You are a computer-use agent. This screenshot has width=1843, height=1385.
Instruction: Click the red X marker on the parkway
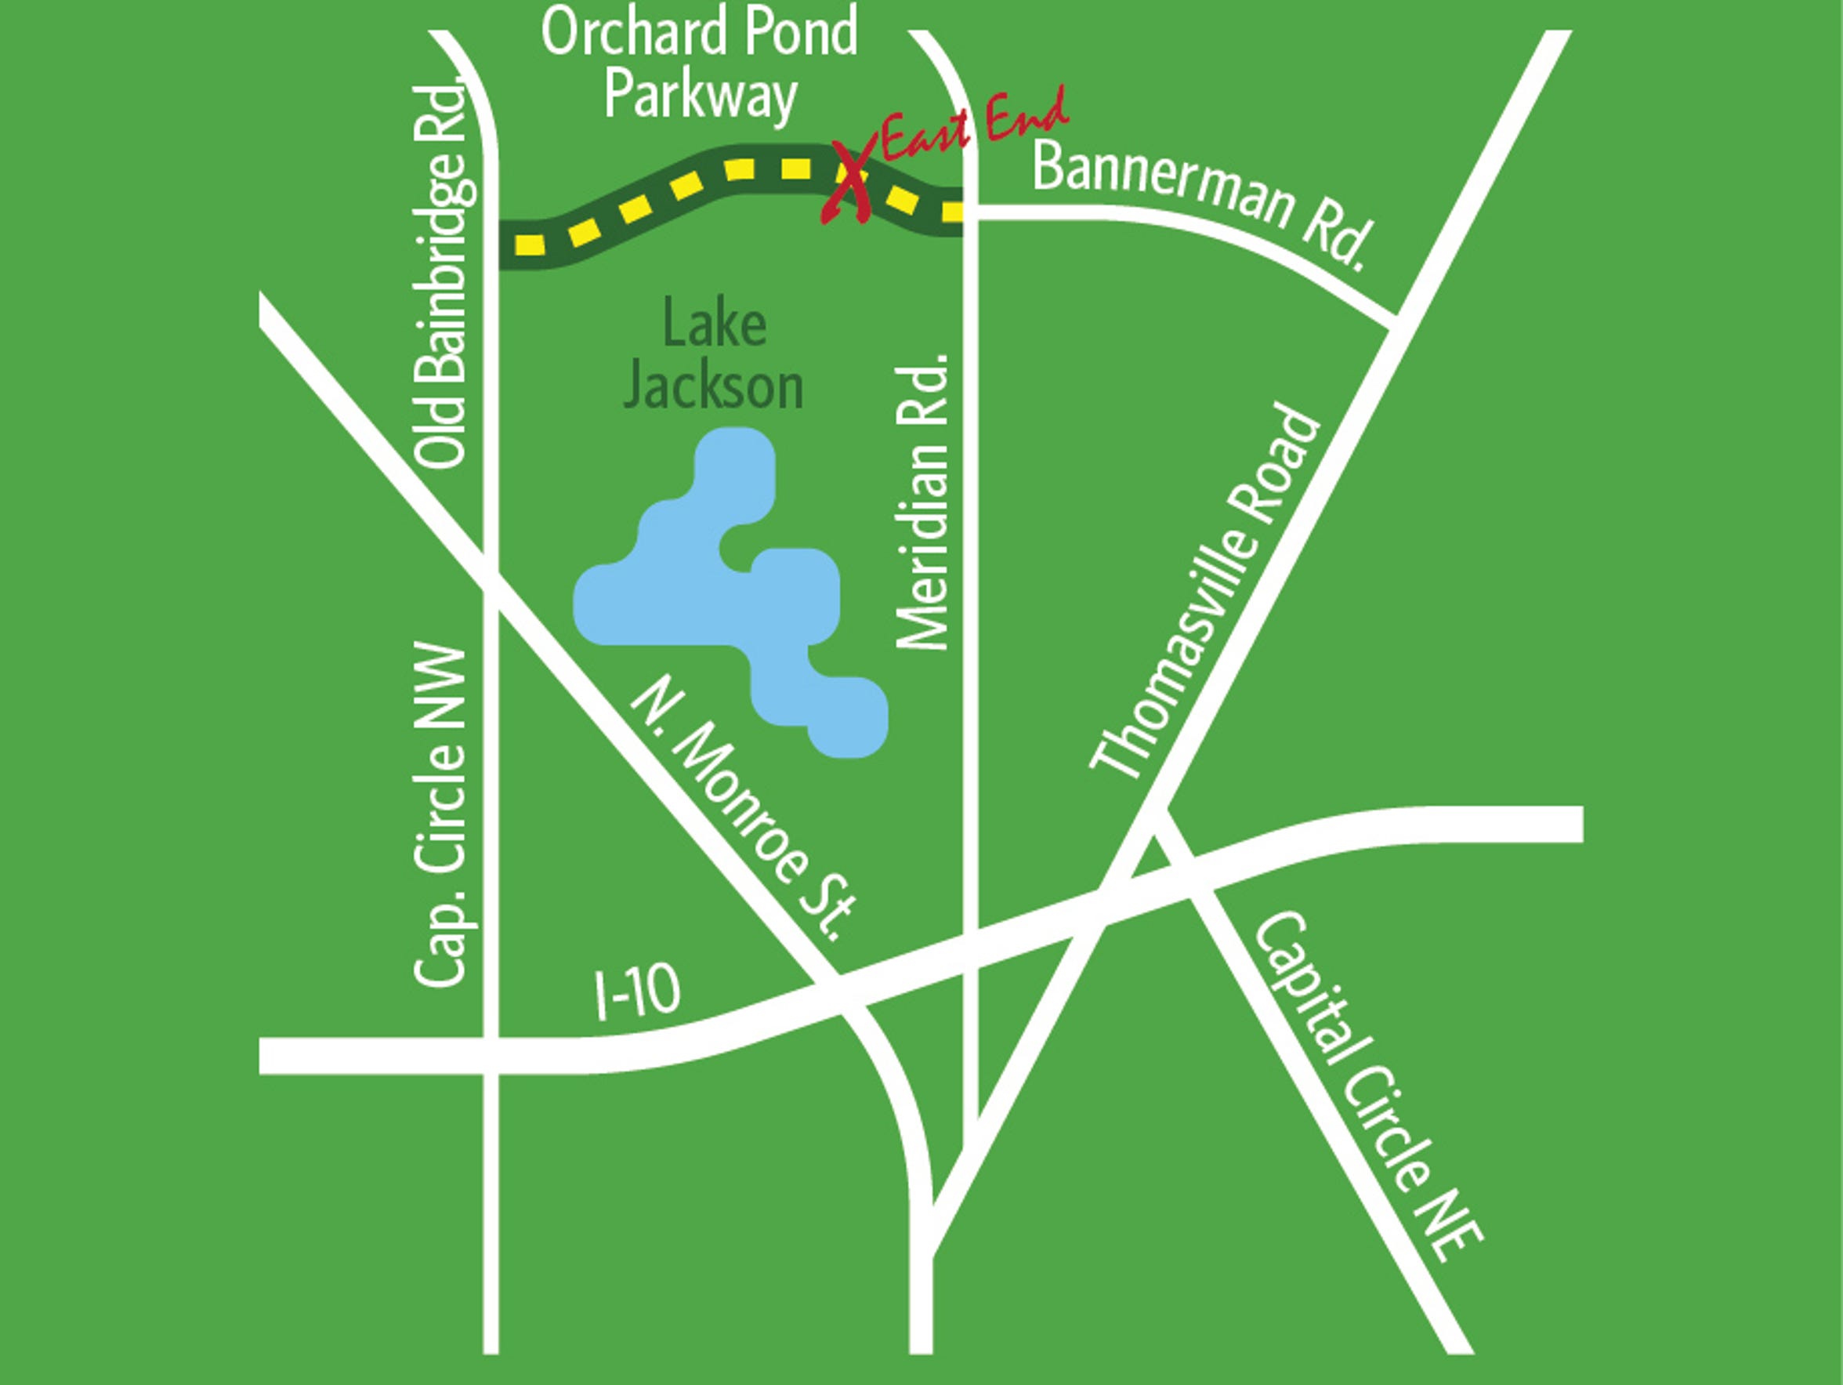[x=850, y=183]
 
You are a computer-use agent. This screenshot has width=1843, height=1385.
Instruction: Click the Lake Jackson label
[x=714, y=355]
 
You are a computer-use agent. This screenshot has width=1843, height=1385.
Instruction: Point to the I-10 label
[x=637, y=992]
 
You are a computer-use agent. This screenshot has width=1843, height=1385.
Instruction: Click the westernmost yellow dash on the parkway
[x=530, y=245]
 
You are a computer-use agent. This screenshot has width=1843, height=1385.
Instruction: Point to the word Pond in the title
[x=801, y=31]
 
